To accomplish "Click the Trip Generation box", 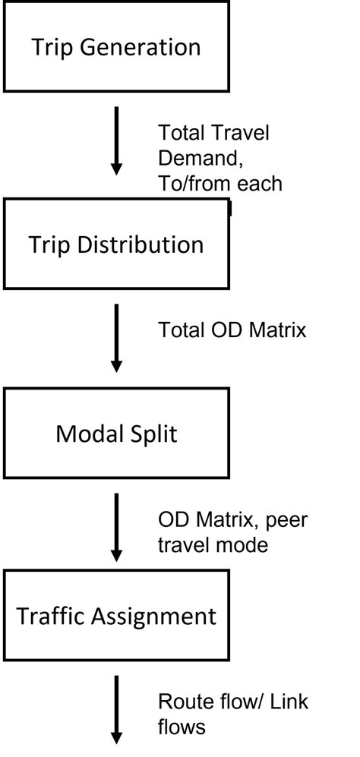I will tap(116, 47).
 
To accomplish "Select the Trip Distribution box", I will tap(116, 244).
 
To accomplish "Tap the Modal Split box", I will tap(116, 434).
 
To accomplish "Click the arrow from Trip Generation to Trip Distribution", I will tap(116, 141).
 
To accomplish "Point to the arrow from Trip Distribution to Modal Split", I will tap(116, 338).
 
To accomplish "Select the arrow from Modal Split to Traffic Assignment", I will tap(116, 526).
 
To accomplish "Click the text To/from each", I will tap(219, 183).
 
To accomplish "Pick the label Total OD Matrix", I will tap(232, 330).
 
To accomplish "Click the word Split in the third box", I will tap(153, 434).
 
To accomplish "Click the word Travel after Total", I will tap(242, 133).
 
